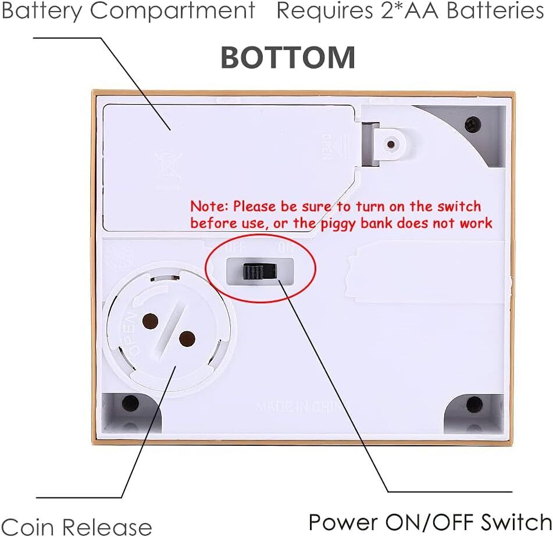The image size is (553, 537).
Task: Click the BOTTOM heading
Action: tap(288, 58)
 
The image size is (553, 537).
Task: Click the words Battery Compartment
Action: tap(128, 10)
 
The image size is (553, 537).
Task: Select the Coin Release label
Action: tap(76, 527)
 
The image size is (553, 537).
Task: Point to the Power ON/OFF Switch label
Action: tap(429, 521)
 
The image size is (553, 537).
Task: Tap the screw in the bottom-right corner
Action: tap(474, 404)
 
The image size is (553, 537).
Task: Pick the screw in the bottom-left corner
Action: tap(130, 403)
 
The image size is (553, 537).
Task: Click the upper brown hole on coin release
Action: tap(151, 320)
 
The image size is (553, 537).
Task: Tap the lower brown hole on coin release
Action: tap(186, 339)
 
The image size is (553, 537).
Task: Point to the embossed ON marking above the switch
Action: tap(286, 247)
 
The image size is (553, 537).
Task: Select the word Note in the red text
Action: tap(210, 206)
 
